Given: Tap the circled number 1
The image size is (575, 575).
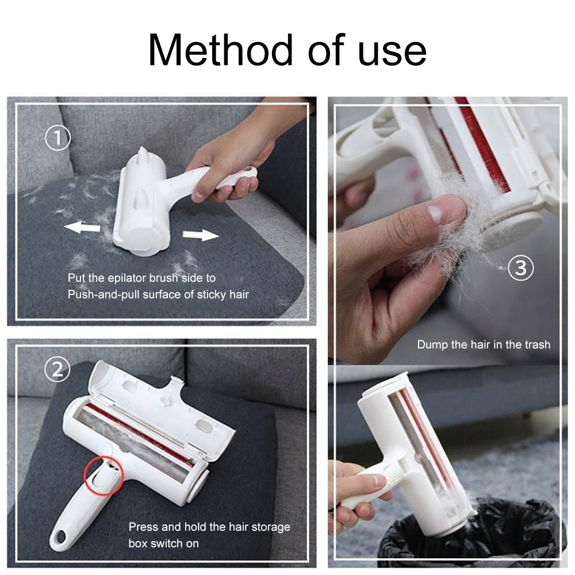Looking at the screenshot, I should (x=57, y=138).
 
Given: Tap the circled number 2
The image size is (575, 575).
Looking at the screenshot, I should (x=57, y=370).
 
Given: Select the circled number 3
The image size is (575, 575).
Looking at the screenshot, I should (x=520, y=268).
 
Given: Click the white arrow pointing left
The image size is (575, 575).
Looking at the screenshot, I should (x=82, y=228).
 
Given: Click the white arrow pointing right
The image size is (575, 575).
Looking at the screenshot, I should (x=201, y=235).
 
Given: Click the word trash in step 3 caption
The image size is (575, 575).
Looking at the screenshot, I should (x=536, y=345).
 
